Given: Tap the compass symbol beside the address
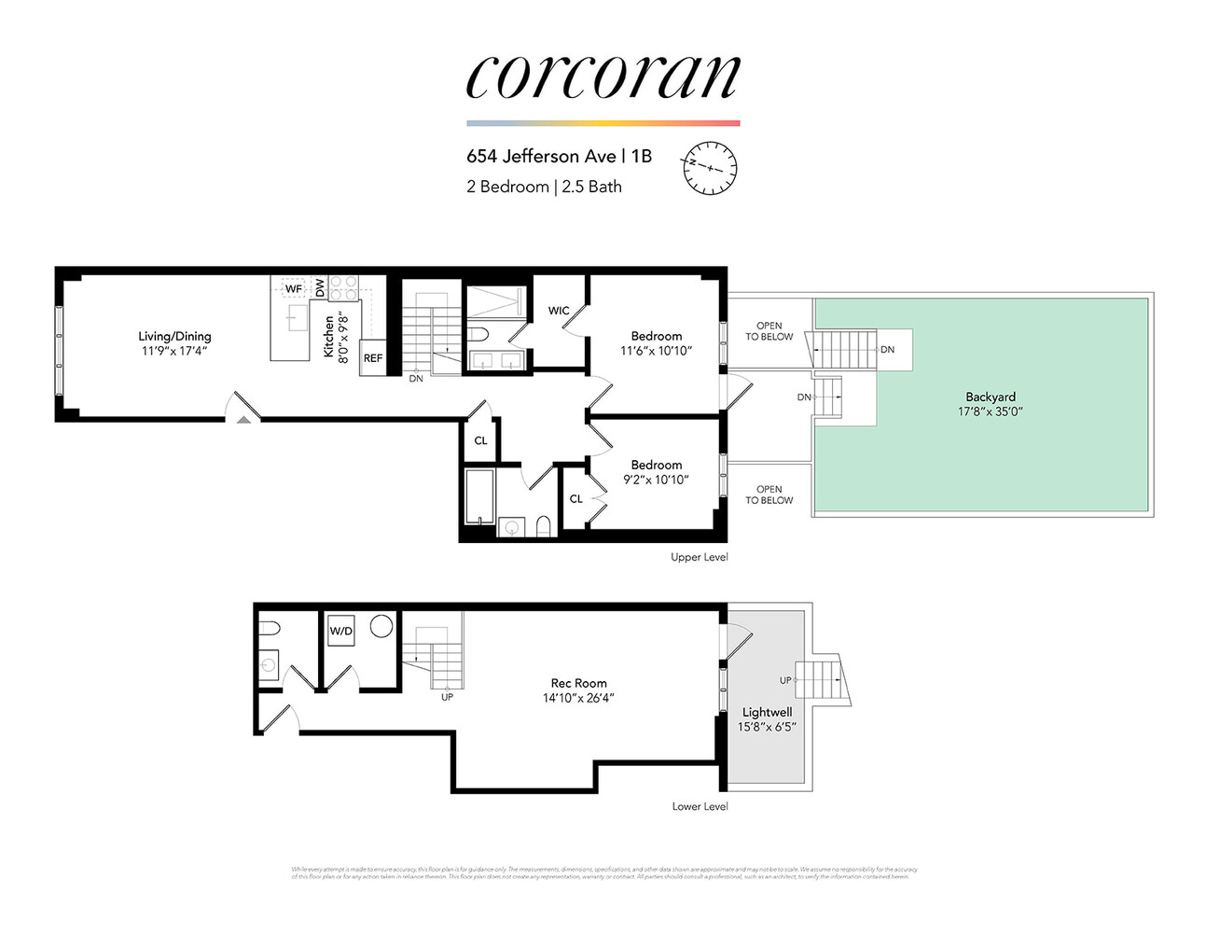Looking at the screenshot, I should pos(710,168).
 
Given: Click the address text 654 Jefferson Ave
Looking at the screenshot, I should pos(541,156).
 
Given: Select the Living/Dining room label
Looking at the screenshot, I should pos(174,336).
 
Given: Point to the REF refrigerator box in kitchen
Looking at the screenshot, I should pos(373,358).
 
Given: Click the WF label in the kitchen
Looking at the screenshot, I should pos(294,288).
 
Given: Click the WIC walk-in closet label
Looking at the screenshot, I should pos(559,311).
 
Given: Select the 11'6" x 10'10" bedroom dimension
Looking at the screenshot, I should pos(656,351).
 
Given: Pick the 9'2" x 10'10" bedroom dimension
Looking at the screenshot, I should pos(656,480).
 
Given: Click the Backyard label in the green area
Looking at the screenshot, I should pos(991,397).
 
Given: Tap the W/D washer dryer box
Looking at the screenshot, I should pos(341,632).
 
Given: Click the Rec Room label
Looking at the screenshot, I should pos(578,683).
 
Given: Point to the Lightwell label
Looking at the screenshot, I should pos(767,712).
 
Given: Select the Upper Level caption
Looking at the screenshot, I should pos(699,557).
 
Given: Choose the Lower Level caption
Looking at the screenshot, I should pos(700,806).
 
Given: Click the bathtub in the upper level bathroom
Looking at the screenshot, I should pos(479,496).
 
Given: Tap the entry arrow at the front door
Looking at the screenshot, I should pos(243,420).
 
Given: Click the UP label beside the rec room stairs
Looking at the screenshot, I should pos(447,697).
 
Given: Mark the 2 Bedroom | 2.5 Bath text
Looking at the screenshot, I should pos(544,187).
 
